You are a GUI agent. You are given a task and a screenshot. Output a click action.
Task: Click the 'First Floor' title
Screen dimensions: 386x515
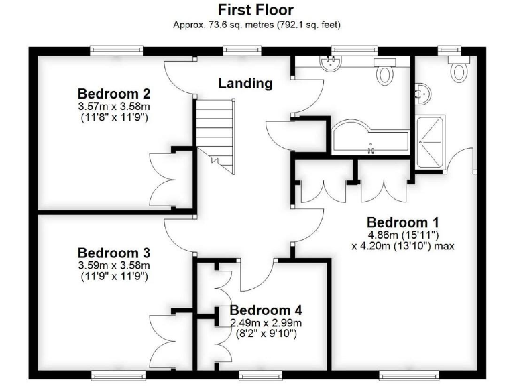point(257,10)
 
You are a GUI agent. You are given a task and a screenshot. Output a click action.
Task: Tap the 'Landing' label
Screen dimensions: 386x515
point(245,84)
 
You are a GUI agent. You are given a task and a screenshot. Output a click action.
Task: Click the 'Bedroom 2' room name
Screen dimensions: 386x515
point(113,94)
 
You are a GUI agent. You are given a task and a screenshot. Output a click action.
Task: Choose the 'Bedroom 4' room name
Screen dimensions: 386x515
point(266,310)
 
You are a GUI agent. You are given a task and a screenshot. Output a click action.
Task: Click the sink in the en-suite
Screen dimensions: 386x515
point(422,94)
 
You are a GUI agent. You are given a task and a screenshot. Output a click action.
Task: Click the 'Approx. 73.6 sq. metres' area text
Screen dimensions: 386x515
point(257,25)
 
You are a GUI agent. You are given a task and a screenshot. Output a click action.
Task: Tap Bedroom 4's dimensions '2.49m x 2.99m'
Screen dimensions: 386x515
point(266,323)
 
